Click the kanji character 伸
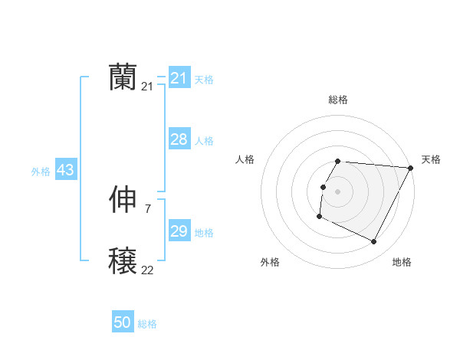123,200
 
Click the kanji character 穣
123,261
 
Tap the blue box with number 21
179,78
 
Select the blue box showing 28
179,139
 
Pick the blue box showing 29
179,231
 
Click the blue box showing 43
65,170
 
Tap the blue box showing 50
123,322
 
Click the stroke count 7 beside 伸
147,208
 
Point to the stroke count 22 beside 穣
147,270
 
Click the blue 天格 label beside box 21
203,80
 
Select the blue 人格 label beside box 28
203,141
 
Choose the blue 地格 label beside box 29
203,233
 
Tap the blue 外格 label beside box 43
41,172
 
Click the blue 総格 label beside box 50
147,324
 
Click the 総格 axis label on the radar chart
337,100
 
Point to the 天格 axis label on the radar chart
431,159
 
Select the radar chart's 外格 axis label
270,262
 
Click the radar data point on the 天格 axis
410,168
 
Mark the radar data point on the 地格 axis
374,242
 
